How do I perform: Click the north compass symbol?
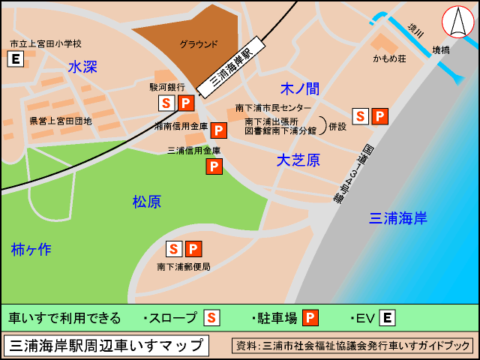tap(457, 22)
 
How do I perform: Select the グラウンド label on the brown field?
tap(199, 44)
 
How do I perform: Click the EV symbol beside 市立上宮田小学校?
tap(15, 59)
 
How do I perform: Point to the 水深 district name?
tap(82, 67)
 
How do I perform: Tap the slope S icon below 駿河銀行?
tap(166, 103)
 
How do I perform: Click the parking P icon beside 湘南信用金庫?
tap(219, 130)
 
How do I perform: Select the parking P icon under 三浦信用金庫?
tap(214, 166)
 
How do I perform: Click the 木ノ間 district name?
tap(299, 89)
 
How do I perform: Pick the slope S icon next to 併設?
tap(361, 116)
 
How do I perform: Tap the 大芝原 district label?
tap(298, 160)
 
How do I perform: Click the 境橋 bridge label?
tap(441, 49)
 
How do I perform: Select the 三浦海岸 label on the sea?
tap(398, 218)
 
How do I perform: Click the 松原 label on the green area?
tap(147, 202)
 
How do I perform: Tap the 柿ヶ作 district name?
tap(31, 250)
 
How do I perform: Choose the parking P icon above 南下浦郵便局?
tap(193, 248)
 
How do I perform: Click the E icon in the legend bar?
tap(387, 318)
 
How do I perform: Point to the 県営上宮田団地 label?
tap(60, 121)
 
